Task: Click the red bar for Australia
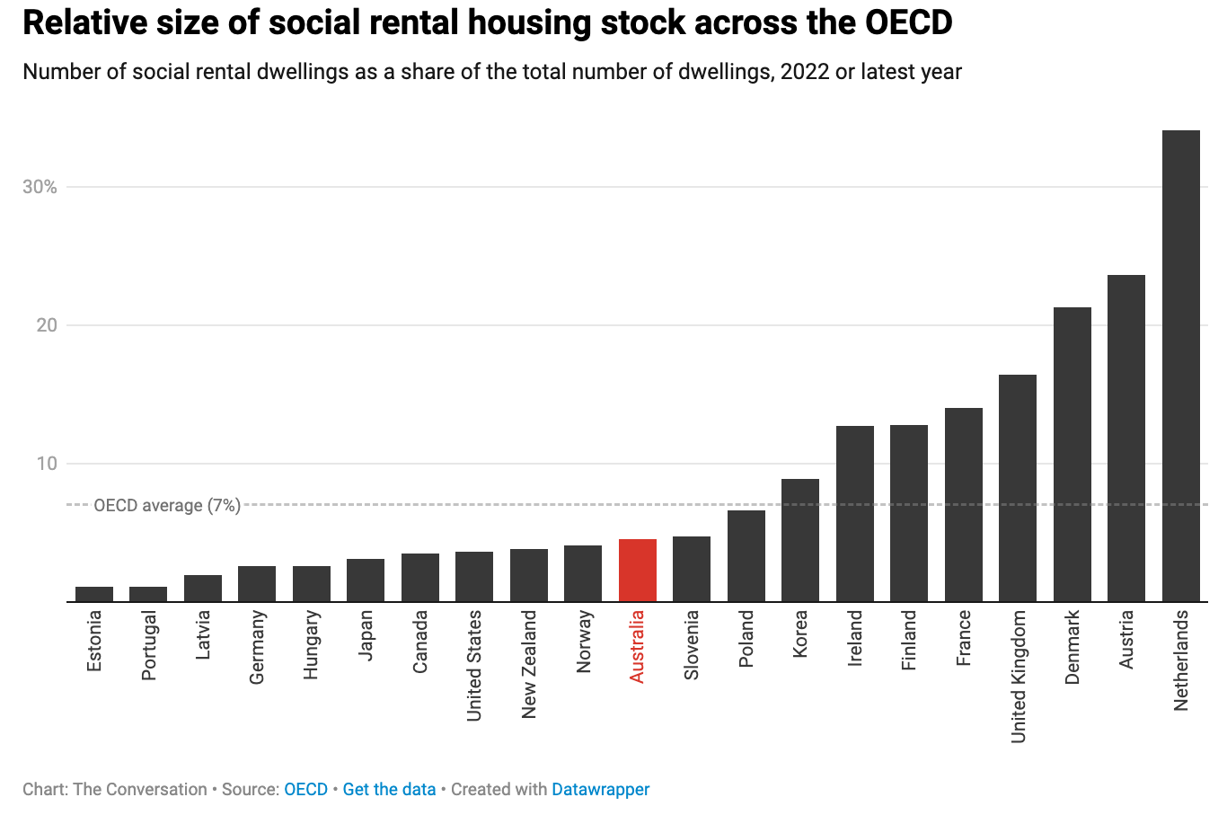pyautogui.click(x=638, y=571)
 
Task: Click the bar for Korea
pyautogui.click(x=800, y=540)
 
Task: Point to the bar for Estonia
pyautogui.click(x=94, y=594)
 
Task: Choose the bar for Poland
pyautogui.click(x=746, y=556)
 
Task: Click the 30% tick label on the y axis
pyautogui.click(x=40, y=187)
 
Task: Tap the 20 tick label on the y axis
pyautogui.click(x=47, y=325)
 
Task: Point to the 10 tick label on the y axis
pyautogui.click(x=47, y=464)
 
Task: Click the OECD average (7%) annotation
pyautogui.click(x=167, y=506)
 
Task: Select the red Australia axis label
pyautogui.click(x=637, y=646)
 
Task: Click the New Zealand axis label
pyautogui.click(x=529, y=664)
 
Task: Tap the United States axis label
pyautogui.click(x=474, y=665)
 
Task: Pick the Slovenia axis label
pyautogui.click(x=692, y=644)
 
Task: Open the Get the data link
pyautogui.click(x=389, y=789)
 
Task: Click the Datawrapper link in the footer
pyautogui.click(x=600, y=789)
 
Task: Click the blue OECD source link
pyautogui.click(x=305, y=789)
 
